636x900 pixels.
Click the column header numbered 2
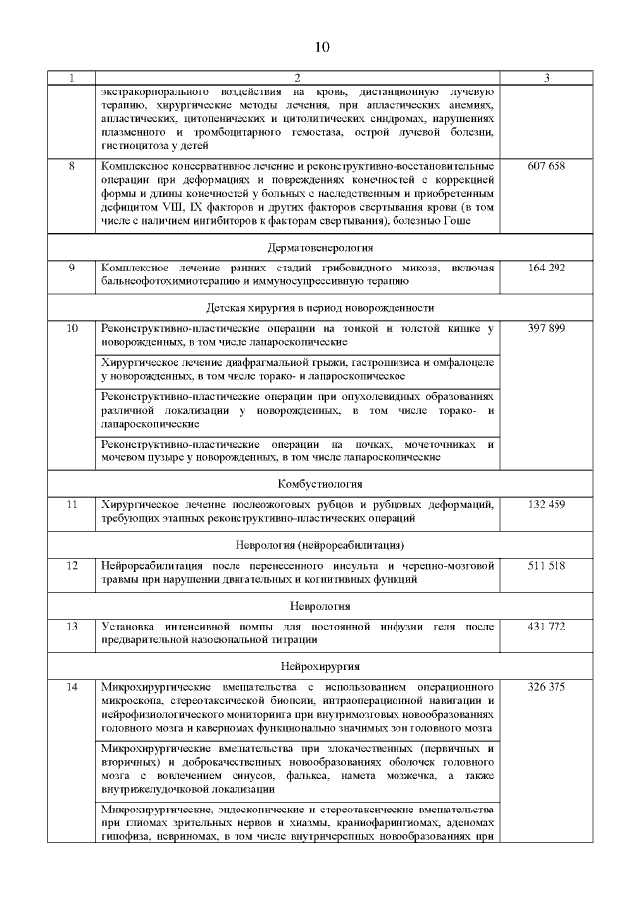tap(297, 78)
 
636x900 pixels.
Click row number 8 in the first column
tap(72, 165)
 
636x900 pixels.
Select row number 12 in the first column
tap(72, 565)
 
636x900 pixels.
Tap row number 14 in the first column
tap(72, 687)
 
